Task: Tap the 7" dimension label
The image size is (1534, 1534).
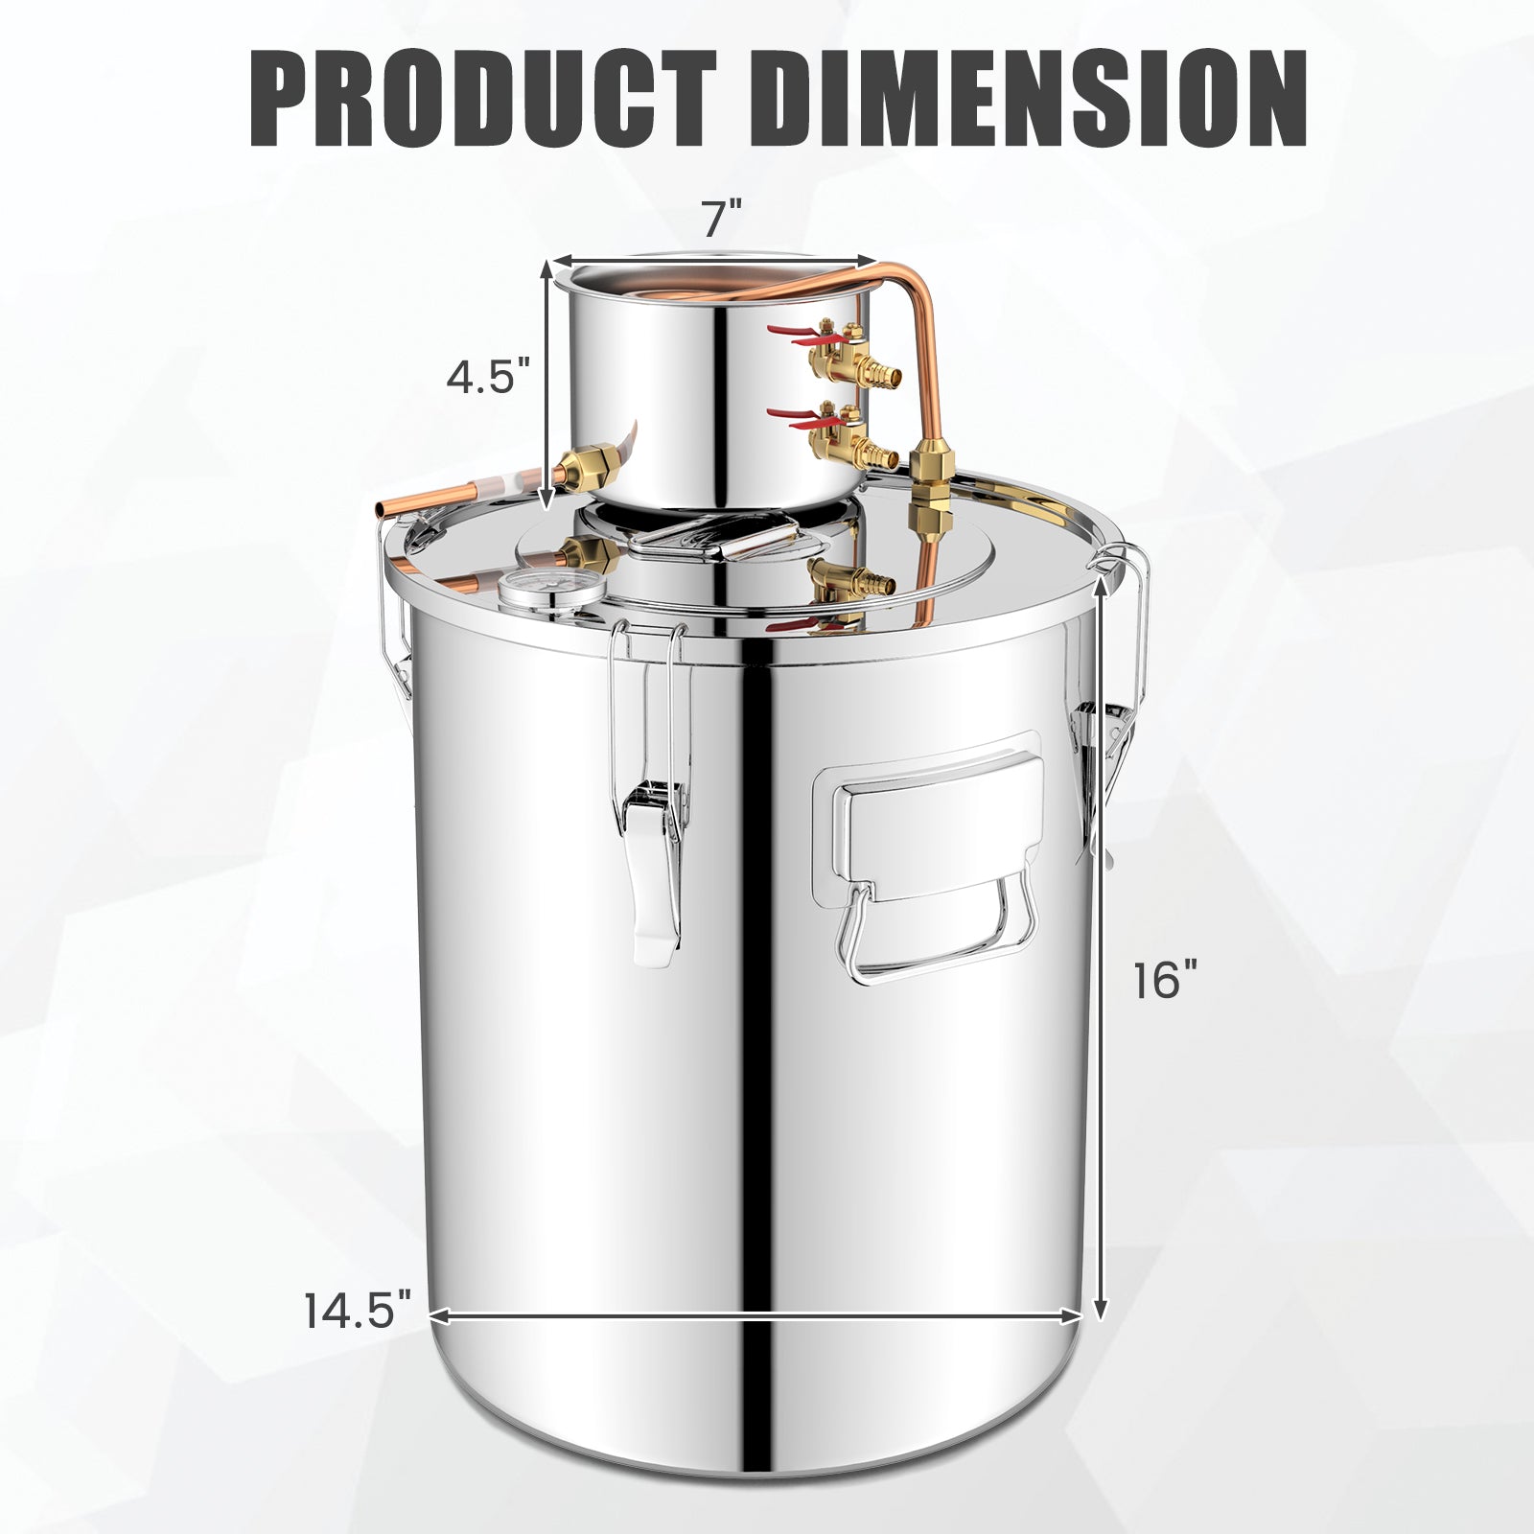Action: pyautogui.click(x=722, y=220)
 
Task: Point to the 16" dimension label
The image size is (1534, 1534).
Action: pyautogui.click(x=1166, y=981)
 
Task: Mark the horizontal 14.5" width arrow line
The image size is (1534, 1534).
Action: pyautogui.click(x=757, y=1314)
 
